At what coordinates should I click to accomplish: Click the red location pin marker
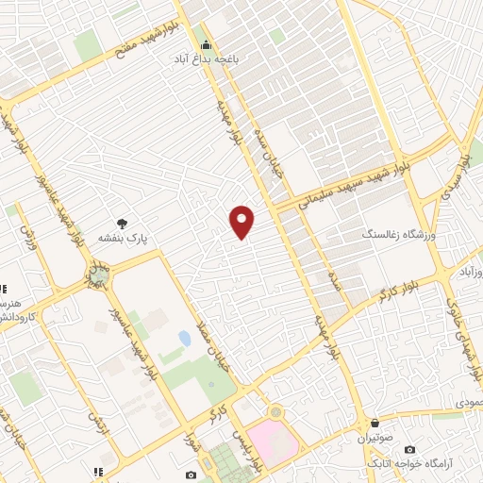[x=242, y=222]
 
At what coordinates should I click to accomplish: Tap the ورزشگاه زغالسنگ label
[x=398, y=232]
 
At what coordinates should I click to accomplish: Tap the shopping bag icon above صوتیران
[x=376, y=424]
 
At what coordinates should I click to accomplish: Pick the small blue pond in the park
[x=184, y=338]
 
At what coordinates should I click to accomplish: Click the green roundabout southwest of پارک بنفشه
[x=97, y=275]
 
